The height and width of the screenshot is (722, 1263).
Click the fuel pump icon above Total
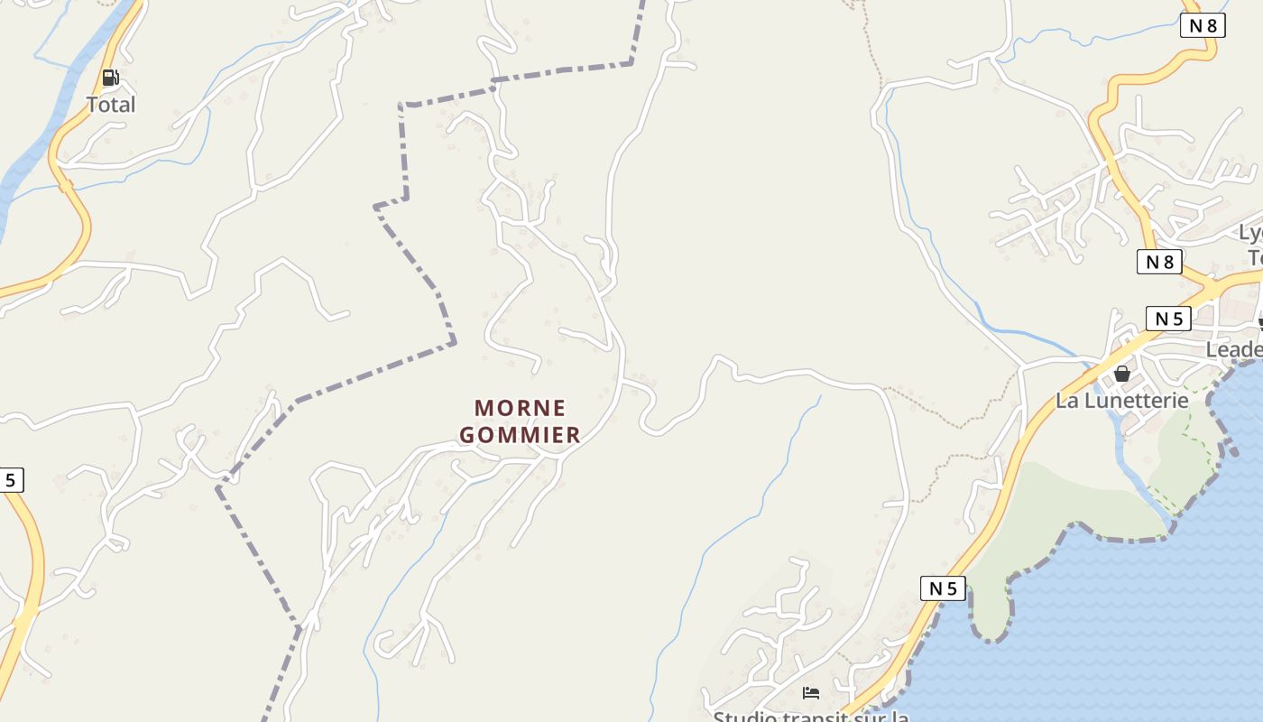110,78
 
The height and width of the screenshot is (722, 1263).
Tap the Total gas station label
111,105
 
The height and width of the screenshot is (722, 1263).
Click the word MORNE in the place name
521,408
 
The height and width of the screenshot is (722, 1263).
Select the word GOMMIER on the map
520,435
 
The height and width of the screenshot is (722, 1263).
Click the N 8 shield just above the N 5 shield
1159,262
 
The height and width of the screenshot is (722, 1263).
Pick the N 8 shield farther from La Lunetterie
1203,25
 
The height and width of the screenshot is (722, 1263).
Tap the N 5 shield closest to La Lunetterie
1168,319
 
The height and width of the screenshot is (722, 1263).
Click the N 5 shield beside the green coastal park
943,589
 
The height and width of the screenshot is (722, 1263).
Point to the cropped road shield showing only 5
11,480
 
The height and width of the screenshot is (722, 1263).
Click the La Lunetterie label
1122,400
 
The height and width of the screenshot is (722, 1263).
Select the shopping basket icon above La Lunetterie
1122,373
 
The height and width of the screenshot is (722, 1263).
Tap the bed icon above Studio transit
811,693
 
